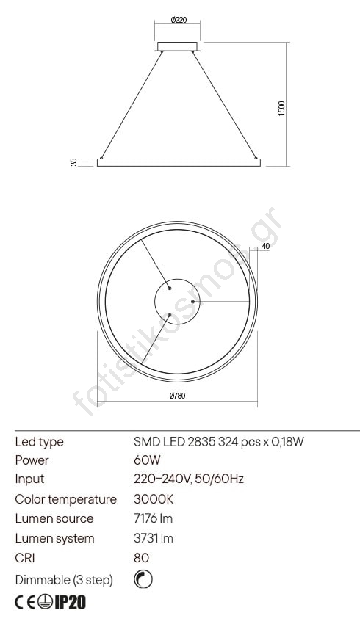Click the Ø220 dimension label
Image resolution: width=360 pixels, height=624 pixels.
(x=179, y=20)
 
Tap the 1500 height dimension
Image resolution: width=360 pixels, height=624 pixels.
(x=282, y=108)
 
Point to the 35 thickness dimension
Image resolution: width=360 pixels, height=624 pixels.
(x=73, y=162)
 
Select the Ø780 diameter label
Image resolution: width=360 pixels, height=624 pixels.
(x=177, y=396)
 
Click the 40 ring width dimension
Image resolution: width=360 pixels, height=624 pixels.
(x=266, y=247)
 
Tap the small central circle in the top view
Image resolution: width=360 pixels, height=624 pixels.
(x=177, y=301)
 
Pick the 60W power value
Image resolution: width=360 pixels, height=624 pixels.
(x=147, y=460)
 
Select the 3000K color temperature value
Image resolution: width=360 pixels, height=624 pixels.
(x=154, y=499)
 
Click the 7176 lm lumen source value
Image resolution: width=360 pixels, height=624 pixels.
(x=153, y=518)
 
